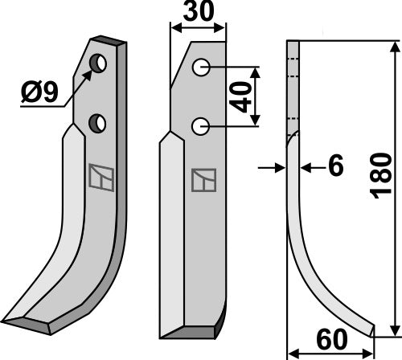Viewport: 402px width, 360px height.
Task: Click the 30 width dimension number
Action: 199,14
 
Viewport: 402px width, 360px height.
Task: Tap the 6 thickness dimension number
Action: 335,166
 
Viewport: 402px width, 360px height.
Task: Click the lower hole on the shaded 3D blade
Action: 97,122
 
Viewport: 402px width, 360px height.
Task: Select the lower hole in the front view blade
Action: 202,125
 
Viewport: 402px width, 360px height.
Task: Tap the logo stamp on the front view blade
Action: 202,181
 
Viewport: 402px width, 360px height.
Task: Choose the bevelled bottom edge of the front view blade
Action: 193,330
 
